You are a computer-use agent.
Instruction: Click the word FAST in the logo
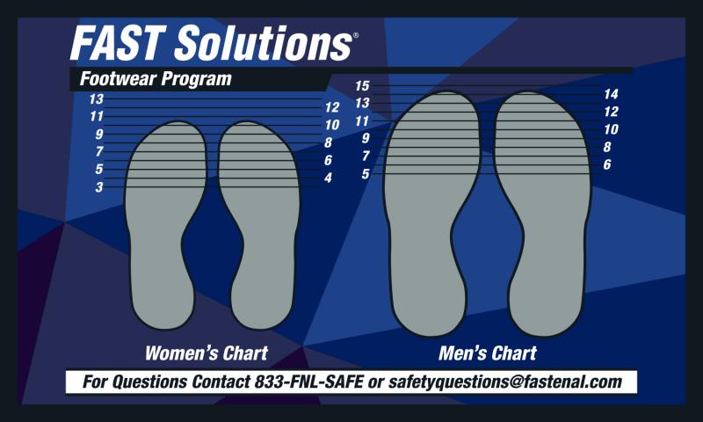[x=116, y=43]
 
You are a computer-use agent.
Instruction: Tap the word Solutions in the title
[x=263, y=43]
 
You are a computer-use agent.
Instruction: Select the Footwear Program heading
[x=156, y=79]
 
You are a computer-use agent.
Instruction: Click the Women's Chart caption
[x=207, y=353]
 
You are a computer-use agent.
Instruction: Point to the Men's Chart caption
[x=488, y=353]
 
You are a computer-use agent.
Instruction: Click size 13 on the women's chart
[x=96, y=99]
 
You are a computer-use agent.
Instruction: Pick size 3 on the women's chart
[x=99, y=187]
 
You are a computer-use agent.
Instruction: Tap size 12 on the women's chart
[x=332, y=107]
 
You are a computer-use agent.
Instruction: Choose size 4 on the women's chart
[x=328, y=178]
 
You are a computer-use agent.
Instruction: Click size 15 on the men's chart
[x=362, y=85]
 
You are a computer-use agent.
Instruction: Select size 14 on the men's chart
[x=611, y=94]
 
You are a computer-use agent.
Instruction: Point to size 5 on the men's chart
[x=366, y=173]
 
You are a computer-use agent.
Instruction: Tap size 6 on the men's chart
[x=607, y=164]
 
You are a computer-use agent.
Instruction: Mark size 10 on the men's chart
[x=611, y=129]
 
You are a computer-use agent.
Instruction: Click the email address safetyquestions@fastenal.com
[x=505, y=382]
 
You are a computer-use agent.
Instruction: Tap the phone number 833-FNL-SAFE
[x=309, y=382]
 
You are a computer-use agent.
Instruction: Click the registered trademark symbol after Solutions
[x=356, y=35]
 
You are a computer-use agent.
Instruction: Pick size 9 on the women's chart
[x=99, y=135]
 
